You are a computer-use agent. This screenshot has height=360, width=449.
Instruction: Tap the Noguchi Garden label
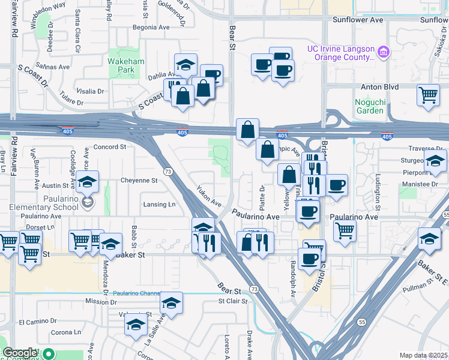(x=369, y=106)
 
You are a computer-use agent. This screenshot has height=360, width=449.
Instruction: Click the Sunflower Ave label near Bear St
(x=358, y=20)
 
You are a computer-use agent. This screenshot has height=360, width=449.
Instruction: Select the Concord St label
(x=109, y=146)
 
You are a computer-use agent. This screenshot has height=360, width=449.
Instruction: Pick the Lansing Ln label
(x=159, y=204)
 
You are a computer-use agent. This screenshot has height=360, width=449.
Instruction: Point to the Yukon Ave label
(x=208, y=197)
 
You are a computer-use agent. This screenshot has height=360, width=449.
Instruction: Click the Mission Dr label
(x=100, y=301)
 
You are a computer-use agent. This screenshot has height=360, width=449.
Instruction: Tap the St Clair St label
(x=233, y=301)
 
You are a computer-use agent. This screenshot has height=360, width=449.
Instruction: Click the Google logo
(x=20, y=353)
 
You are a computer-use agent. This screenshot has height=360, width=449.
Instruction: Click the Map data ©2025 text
(x=423, y=355)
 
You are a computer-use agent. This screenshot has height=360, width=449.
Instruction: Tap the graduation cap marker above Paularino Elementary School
(x=88, y=181)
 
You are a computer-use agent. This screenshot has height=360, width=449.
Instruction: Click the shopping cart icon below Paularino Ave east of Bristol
(x=345, y=230)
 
